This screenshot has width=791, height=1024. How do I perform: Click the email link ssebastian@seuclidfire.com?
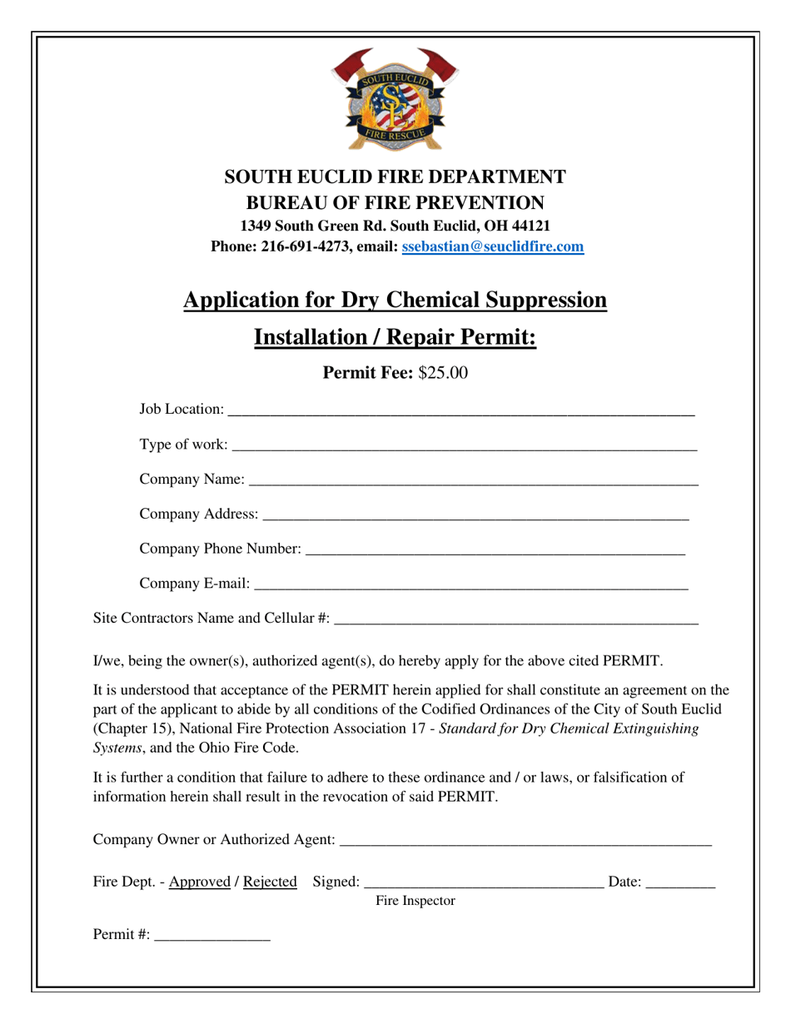(492, 246)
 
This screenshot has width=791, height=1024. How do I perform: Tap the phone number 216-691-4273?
(301, 246)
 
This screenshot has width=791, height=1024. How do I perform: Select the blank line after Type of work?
(464, 447)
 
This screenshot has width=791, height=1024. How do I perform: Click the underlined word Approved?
(199, 882)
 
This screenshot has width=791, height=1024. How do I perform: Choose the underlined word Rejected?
(270, 882)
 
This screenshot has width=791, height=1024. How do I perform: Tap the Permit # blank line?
(212, 938)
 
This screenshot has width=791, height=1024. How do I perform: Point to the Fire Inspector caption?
(415, 901)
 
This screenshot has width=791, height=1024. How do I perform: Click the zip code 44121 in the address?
(530, 226)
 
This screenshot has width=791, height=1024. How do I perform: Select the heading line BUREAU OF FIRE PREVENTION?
(395, 202)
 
